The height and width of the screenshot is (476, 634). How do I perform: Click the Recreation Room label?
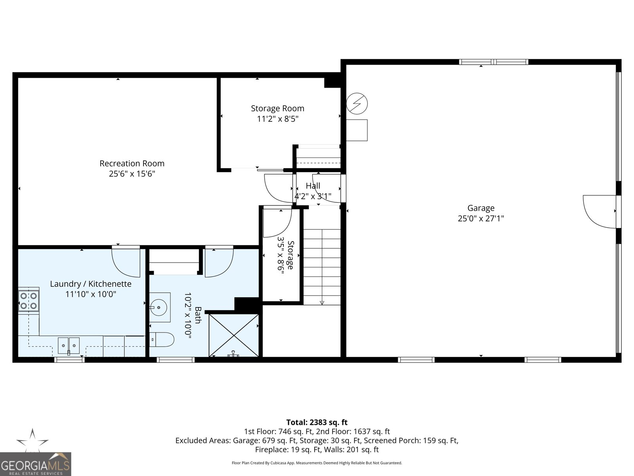pyautogui.click(x=132, y=163)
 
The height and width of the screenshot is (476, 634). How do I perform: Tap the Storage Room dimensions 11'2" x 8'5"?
pyautogui.click(x=277, y=119)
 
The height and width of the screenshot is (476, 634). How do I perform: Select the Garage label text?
pyautogui.click(x=481, y=208)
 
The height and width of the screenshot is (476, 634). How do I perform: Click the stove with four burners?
pyautogui.click(x=29, y=301)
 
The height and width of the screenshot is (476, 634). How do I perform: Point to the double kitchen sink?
pyautogui.click(x=69, y=345)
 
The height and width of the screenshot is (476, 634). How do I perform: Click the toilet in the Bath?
pyautogui.click(x=163, y=340)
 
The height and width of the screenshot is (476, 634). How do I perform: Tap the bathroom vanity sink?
pyautogui.click(x=160, y=307)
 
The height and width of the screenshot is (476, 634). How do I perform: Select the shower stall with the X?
pyautogui.click(x=234, y=335)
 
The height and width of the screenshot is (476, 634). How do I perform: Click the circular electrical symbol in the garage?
pyautogui.click(x=357, y=104)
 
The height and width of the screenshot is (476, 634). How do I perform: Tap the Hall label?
pyautogui.click(x=313, y=186)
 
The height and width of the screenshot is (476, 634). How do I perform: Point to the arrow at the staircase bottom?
pyautogui.click(x=322, y=303)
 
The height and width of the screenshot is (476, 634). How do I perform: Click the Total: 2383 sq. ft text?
pyautogui.click(x=317, y=422)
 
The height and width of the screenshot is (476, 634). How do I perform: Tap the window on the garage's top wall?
pyautogui.click(x=493, y=62)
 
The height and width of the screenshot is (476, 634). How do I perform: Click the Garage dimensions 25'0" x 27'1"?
pyautogui.click(x=481, y=218)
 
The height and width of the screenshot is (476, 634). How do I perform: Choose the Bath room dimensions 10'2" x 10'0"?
pyautogui.click(x=188, y=315)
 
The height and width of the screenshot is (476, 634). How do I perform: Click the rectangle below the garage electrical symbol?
pyautogui.click(x=357, y=130)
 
